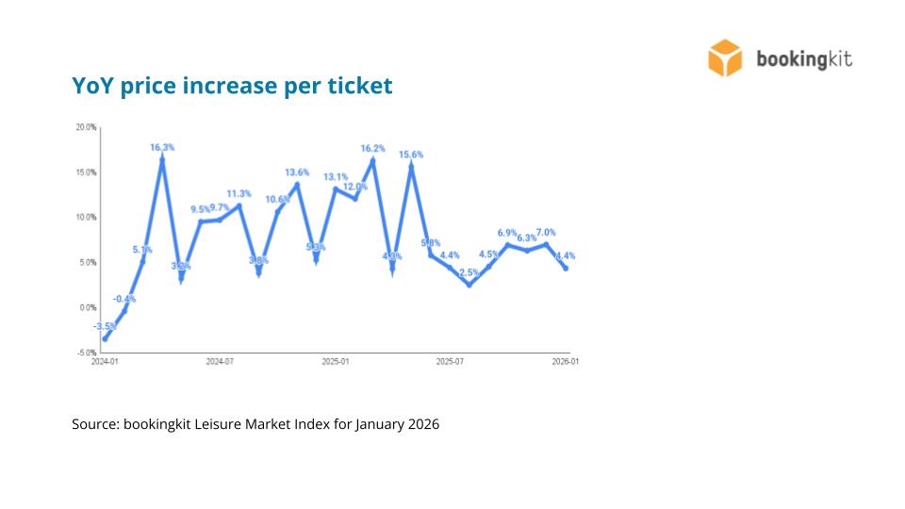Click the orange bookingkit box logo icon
[726, 57]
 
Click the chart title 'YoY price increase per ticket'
[232, 86]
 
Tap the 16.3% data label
[162, 147]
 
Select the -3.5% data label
[105, 326]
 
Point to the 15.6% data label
[411, 155]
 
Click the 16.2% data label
[373, 148]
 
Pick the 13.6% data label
[297, 172]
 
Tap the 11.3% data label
[239, 193]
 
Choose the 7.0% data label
[546, 232]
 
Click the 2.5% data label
[469, 273]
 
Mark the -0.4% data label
[124, 299]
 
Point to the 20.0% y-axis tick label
[86, 127]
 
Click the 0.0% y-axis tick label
[88, 307]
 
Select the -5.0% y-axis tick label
[86, 353]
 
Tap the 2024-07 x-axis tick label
[220, 361]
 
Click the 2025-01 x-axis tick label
[336, 361]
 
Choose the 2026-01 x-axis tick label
[566, 361]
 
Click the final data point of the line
[566, 268]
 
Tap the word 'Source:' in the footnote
[94, 424]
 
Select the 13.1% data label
[336, 177]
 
